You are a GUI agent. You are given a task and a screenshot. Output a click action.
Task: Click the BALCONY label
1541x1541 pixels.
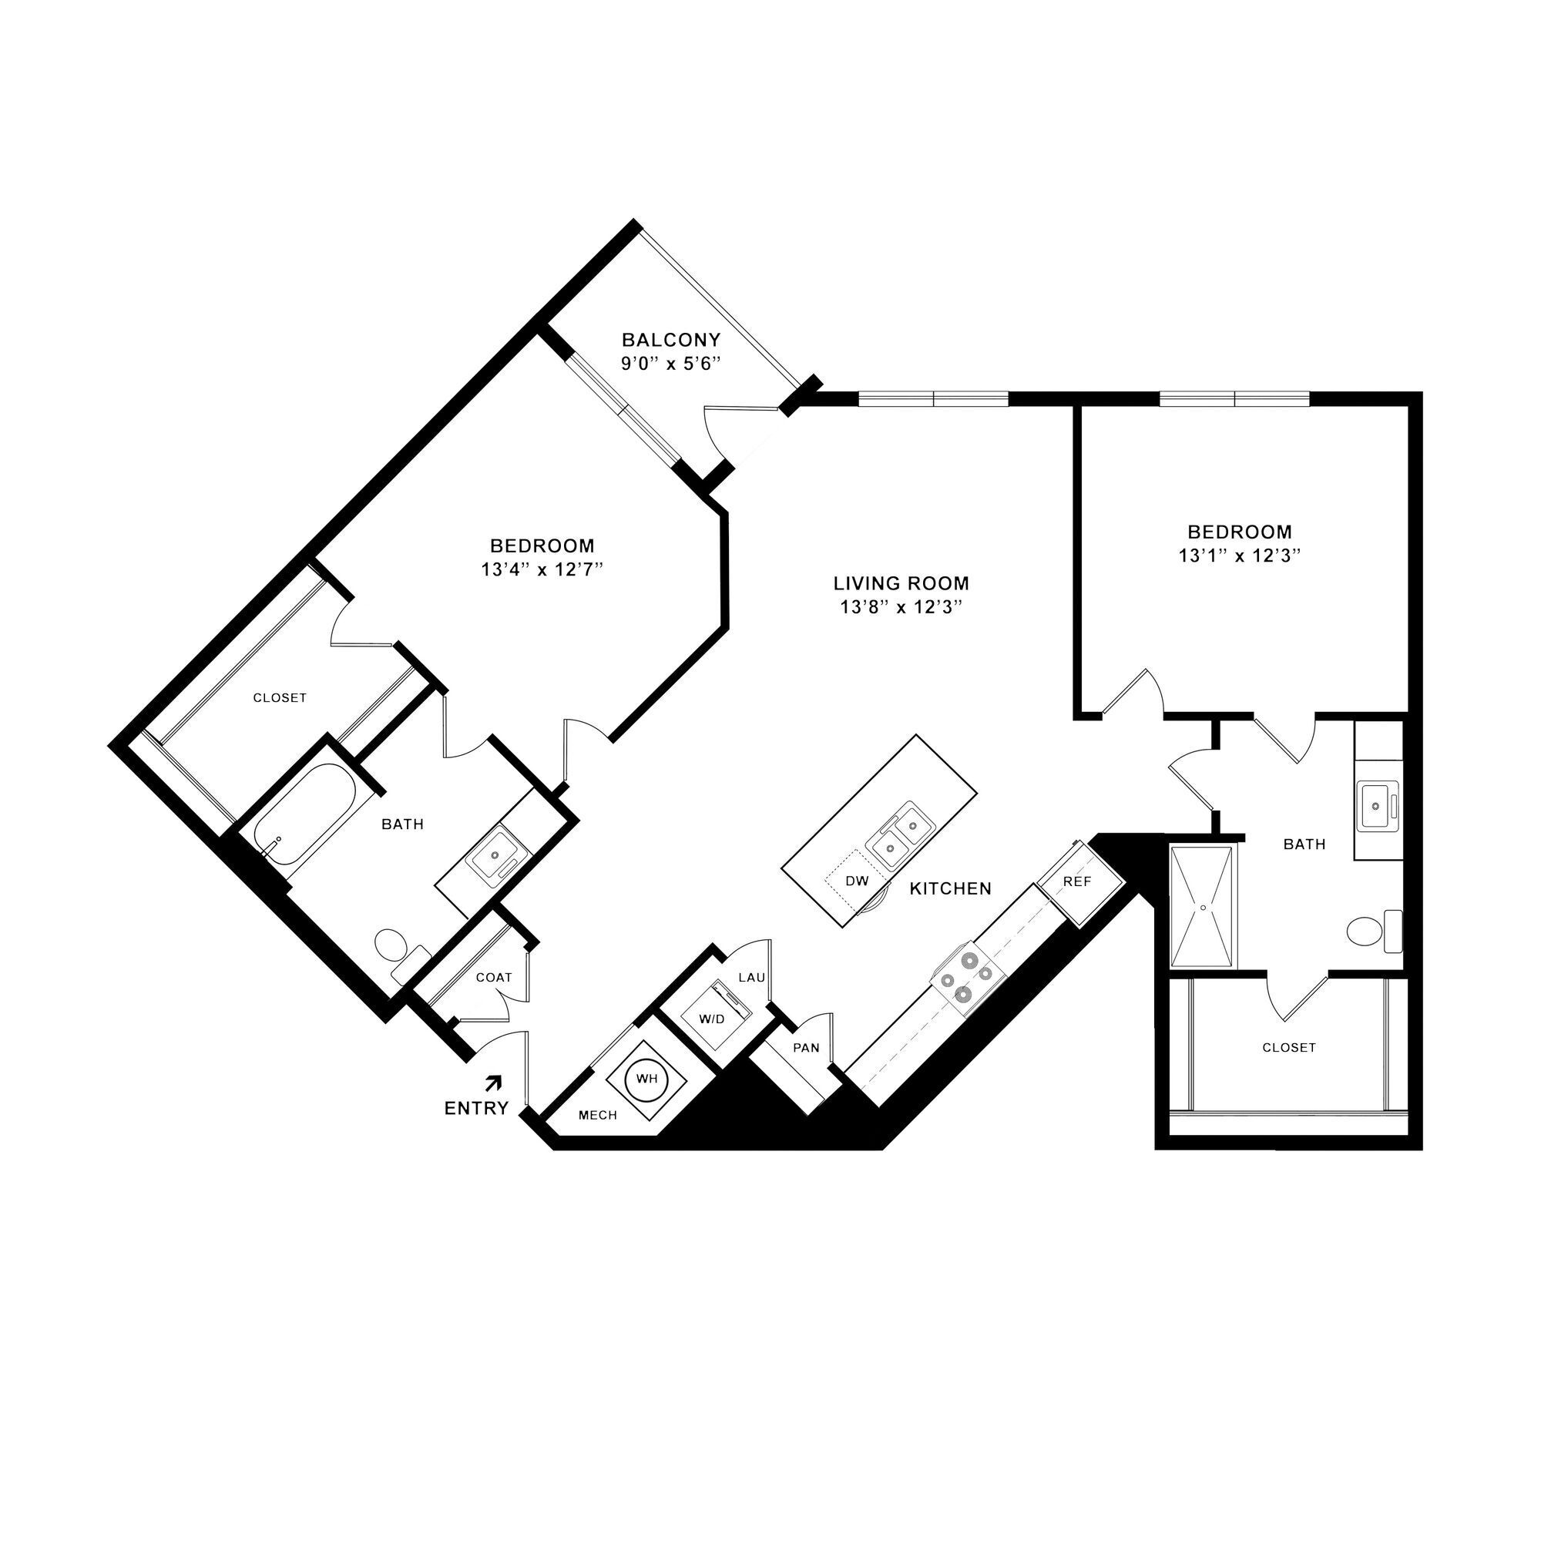(x=671, y=340)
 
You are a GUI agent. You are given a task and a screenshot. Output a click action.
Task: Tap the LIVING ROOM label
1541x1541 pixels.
(x=901, y=583)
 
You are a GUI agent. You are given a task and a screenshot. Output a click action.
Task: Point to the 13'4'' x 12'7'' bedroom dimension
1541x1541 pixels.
(x=542, y=570)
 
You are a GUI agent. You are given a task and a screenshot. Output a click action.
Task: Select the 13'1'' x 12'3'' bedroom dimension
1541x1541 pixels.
(x=1240, y=556)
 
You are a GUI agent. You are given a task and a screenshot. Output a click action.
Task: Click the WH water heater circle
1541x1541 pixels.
(x=646, y=1079)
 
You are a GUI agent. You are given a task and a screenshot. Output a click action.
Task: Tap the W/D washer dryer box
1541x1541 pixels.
(x=712, y=1019)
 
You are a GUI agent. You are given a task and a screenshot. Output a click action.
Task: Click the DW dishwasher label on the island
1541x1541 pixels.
(x=856, y=881)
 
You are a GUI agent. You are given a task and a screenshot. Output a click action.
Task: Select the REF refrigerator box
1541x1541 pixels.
(x=1079, y=883)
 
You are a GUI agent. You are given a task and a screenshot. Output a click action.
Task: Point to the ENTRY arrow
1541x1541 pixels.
(x=495, y=1083)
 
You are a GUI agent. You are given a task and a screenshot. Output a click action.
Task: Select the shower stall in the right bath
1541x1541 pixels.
(x=1202, y=907)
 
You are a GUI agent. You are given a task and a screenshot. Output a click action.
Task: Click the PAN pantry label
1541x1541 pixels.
(x=806, y=1047)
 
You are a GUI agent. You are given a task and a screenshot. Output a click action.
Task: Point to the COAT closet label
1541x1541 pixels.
(x=494, y=977)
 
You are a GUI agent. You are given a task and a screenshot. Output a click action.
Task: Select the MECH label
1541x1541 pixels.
(x=597, y=1115)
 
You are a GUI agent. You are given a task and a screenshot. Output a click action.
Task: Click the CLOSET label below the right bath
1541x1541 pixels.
(x=1289, y=1047)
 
